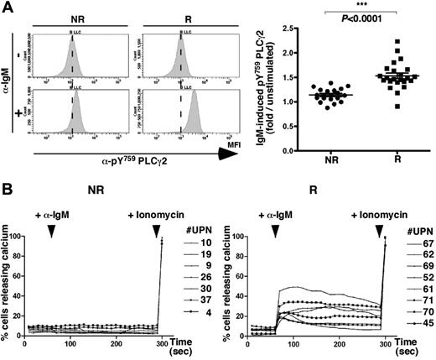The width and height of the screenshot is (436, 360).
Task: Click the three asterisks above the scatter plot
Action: point(371,9)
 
